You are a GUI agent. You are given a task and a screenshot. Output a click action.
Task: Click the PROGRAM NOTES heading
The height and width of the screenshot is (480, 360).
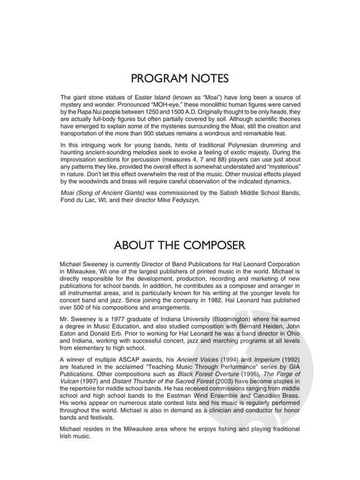coord(179,77)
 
